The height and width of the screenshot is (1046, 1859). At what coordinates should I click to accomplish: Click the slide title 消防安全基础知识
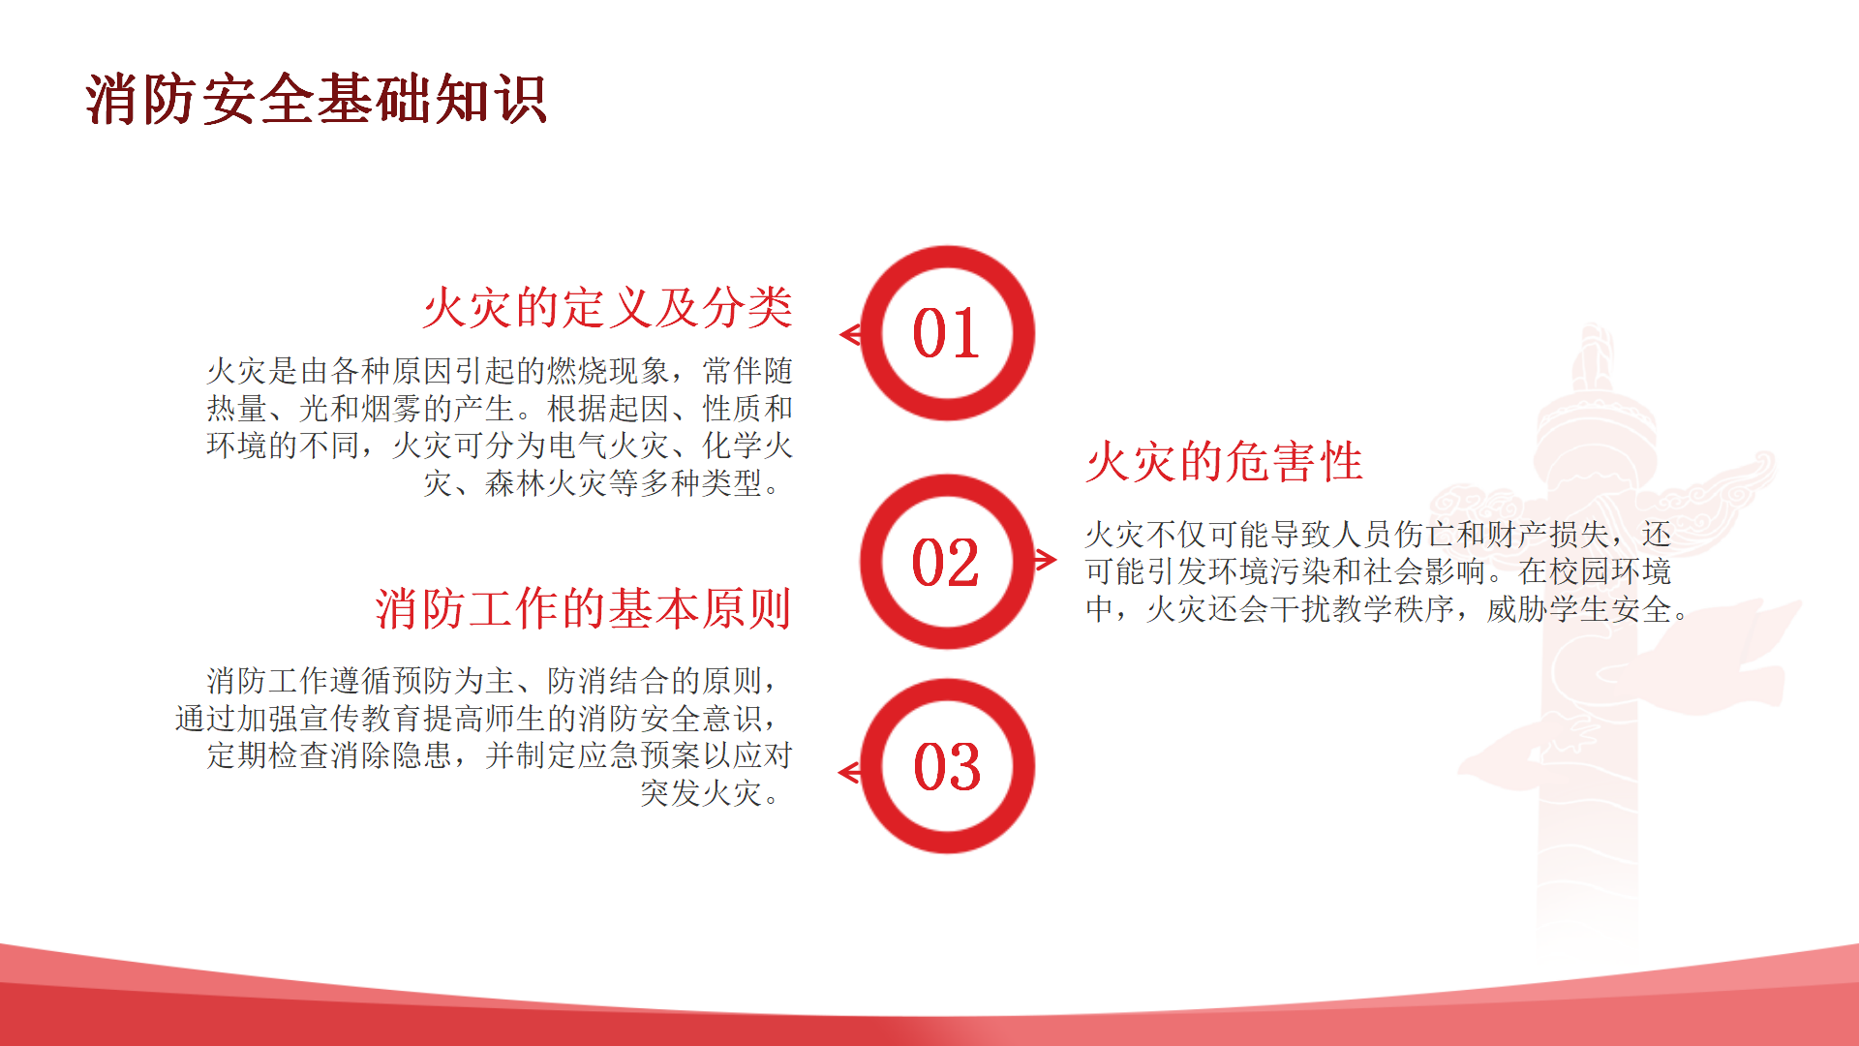coord(317,99)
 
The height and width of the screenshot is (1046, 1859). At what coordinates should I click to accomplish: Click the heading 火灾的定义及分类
coord(608,308)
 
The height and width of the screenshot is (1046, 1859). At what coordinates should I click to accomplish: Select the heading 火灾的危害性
coord(1224,462)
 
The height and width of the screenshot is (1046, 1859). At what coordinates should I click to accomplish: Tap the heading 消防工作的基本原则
coord(584,609)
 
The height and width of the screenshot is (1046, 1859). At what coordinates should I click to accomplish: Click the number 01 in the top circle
coord(946,333)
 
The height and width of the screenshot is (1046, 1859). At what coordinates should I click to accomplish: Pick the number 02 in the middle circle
coord(946,563)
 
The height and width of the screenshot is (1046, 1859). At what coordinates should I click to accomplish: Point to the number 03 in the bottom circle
coord(947,767)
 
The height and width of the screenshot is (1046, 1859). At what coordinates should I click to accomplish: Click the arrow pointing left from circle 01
coord(851,335)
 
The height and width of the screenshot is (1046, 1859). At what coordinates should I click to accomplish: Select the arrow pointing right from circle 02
coord(1045,559)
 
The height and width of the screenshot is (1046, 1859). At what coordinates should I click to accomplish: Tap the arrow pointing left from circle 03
coord(851,772)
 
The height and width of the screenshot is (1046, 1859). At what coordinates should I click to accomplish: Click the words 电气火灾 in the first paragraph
coord(608,446)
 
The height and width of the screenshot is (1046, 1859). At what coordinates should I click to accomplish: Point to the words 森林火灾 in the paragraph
coord(546,483)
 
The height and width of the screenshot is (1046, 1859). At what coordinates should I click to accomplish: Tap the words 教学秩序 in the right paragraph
coord(1393,609)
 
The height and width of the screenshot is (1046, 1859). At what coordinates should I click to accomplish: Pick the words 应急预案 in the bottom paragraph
coord(639,755)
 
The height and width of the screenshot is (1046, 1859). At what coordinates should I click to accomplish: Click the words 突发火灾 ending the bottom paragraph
coord(701,793)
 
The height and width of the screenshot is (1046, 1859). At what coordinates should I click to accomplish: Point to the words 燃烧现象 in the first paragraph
coord(608,371)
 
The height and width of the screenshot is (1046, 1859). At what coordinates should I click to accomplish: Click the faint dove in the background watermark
coord(1627,697)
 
